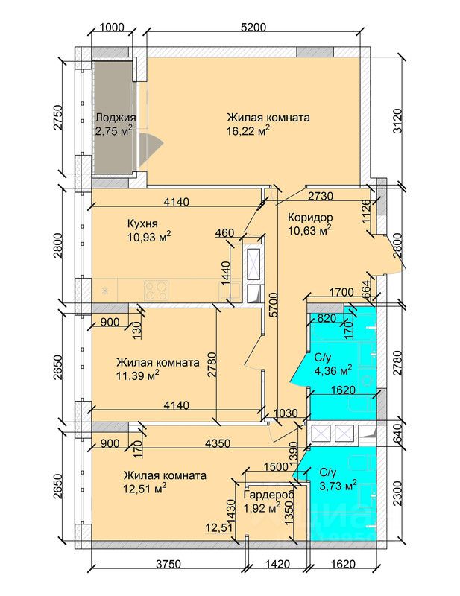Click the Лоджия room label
(115, 117)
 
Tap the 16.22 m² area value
(248, 130)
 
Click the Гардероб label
(268, 495)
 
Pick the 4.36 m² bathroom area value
(334, 369)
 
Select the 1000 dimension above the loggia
(110, 28)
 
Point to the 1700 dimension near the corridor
(341, 293)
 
